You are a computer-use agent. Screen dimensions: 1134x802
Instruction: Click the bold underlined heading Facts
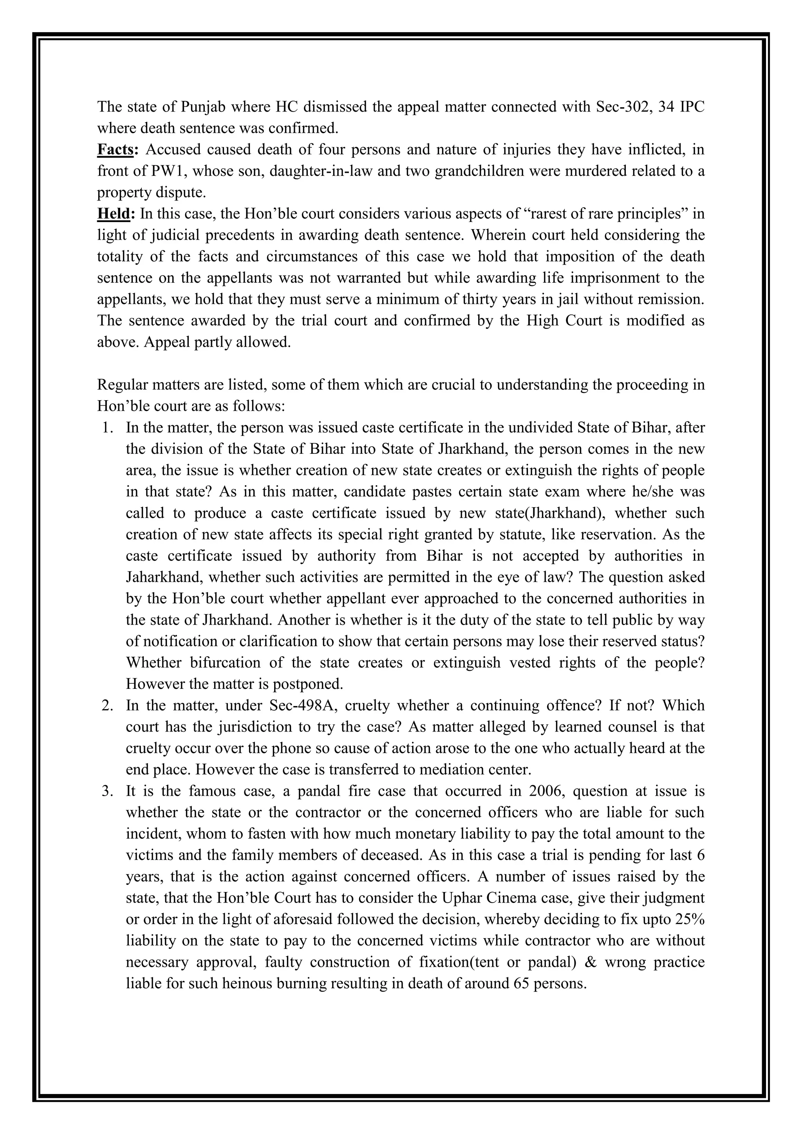pos(115,150)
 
